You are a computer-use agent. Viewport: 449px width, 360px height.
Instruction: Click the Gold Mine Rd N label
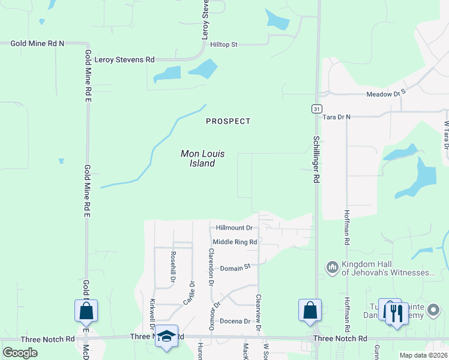37,43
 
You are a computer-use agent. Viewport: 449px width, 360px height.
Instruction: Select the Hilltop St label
224,44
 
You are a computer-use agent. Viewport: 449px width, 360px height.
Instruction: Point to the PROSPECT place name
228,121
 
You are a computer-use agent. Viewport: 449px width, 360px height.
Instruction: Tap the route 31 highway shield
316,108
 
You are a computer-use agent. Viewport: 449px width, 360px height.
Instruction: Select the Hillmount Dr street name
234,228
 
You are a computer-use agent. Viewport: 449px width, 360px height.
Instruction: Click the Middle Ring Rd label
235,242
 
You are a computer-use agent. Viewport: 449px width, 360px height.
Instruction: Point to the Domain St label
234,268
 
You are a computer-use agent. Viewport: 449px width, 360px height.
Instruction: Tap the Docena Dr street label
235,321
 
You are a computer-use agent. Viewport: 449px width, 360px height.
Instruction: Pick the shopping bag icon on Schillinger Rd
310,310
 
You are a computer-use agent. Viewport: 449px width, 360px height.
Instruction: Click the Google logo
20,353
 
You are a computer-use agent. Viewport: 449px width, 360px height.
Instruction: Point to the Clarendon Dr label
211,266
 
